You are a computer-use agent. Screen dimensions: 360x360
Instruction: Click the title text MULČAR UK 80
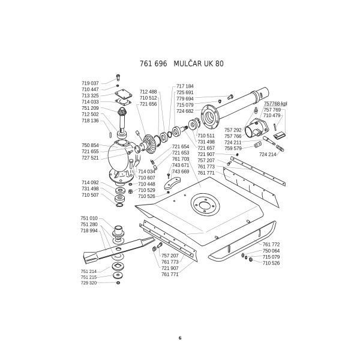tap(199, 63)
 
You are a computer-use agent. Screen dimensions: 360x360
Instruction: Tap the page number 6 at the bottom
tap(179, 337)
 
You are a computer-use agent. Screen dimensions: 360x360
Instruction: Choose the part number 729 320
tap(89, 283)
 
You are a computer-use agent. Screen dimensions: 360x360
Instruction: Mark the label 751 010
tap(89, 218)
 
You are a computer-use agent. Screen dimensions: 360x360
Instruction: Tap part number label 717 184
tap(185, 86)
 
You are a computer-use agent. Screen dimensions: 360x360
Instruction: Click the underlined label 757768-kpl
tap(275, 104)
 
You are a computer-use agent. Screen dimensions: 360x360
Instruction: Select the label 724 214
tap(268, 154)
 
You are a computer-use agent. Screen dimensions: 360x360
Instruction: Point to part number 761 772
tap(271, 244)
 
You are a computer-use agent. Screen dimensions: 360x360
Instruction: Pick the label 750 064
tap(271, 251)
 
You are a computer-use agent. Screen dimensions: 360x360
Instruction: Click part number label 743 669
tap(180, 172)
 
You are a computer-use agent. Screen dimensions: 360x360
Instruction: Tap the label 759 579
tap(233, 148)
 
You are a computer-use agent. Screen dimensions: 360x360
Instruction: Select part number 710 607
tap(146, 178)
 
